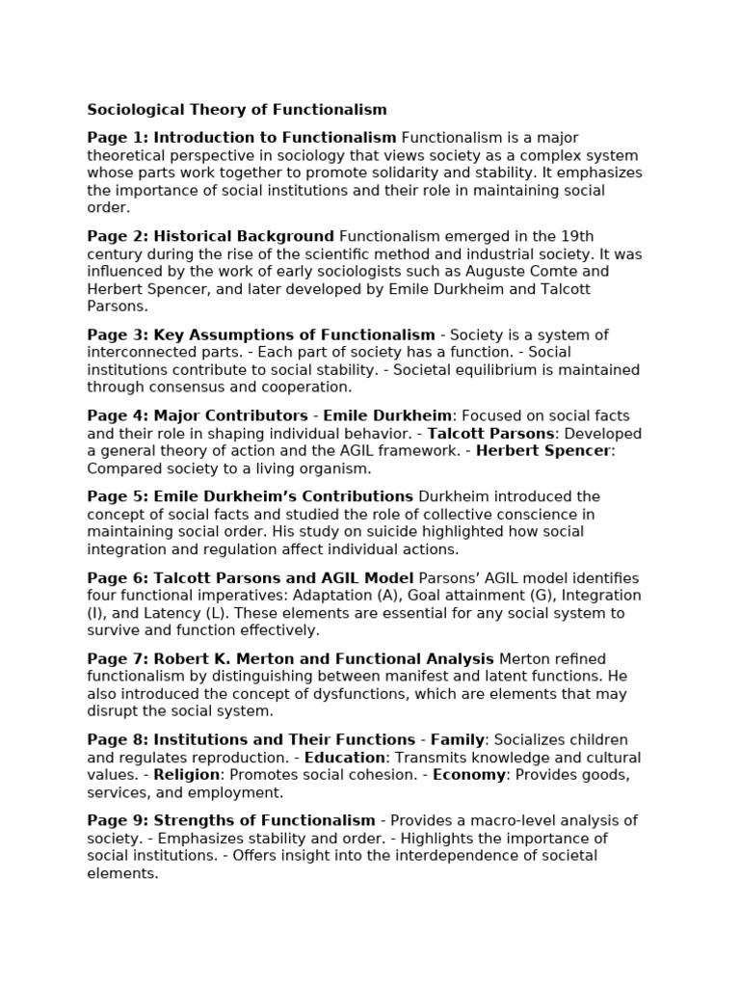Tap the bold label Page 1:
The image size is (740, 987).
(118, 138)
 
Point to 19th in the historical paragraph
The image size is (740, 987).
(603, 236)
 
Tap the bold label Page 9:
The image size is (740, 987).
(118, 820)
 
